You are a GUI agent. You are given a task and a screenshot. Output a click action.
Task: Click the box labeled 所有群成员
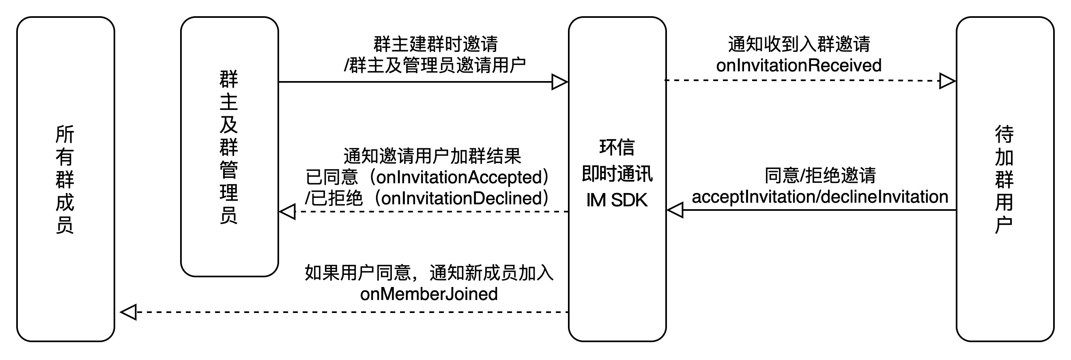[x=65, y=179]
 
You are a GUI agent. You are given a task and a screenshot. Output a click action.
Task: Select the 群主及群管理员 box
[x=229, y=146]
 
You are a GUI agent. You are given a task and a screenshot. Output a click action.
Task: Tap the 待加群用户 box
[x=1004, y=179]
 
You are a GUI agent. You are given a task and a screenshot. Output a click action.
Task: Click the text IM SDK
[x=617, y=200]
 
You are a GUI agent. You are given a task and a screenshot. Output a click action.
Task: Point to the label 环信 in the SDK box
[x=617, y=147]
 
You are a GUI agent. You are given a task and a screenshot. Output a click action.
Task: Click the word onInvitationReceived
[x=798, y=66]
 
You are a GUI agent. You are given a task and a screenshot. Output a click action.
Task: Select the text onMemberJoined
[x=429, y=294]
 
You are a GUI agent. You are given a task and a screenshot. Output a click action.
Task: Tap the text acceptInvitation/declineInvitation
[x=819, y=197]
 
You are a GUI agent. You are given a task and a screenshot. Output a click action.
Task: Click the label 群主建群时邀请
[x=435, y=44]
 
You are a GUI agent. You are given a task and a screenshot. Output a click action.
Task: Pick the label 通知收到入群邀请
[x=799, y=44]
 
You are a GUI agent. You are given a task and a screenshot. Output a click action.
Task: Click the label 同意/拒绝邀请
[x=820, y=176]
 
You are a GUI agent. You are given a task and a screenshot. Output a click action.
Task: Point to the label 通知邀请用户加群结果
[x=432, y=156]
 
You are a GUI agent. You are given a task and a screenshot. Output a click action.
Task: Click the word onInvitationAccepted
[x=459, y=178]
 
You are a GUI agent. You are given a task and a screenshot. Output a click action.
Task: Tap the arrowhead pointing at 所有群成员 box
[x=129, y=312]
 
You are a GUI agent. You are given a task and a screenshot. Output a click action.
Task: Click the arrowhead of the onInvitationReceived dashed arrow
[x=947, y=81]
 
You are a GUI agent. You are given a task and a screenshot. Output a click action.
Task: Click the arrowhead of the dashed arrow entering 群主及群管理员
[x=288, y=212]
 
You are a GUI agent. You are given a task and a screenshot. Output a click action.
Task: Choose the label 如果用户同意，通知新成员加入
[x=429, y=273]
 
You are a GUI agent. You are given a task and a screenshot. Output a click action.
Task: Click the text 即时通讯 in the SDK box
[x=617, y=174]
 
